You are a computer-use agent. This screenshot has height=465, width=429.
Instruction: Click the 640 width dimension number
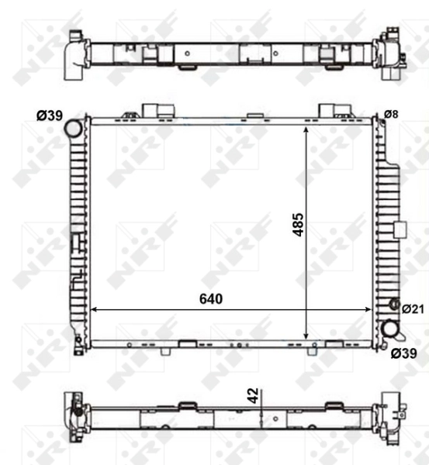coord(210,299)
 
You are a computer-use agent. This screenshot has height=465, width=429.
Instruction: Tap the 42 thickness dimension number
coord(252,395)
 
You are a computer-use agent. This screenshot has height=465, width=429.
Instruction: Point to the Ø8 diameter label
coord(392,114)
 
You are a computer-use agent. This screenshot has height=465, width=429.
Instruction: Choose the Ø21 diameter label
coord(413,308)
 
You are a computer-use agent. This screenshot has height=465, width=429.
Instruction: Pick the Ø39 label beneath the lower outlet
coord(404,353)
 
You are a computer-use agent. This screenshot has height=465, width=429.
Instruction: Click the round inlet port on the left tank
coord(74,127)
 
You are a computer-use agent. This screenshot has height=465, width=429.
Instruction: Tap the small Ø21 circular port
coord(394,305)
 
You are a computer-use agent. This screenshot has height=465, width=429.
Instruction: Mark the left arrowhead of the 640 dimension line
coord(95,309)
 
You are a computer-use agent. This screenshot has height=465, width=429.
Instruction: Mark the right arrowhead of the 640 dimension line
coord(368,309)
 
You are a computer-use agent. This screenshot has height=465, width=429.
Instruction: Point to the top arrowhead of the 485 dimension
coord(307,129)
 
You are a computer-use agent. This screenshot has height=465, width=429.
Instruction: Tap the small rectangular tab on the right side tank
coord(400,229)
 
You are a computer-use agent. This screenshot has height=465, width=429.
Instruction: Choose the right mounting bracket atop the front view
coord(330,109)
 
